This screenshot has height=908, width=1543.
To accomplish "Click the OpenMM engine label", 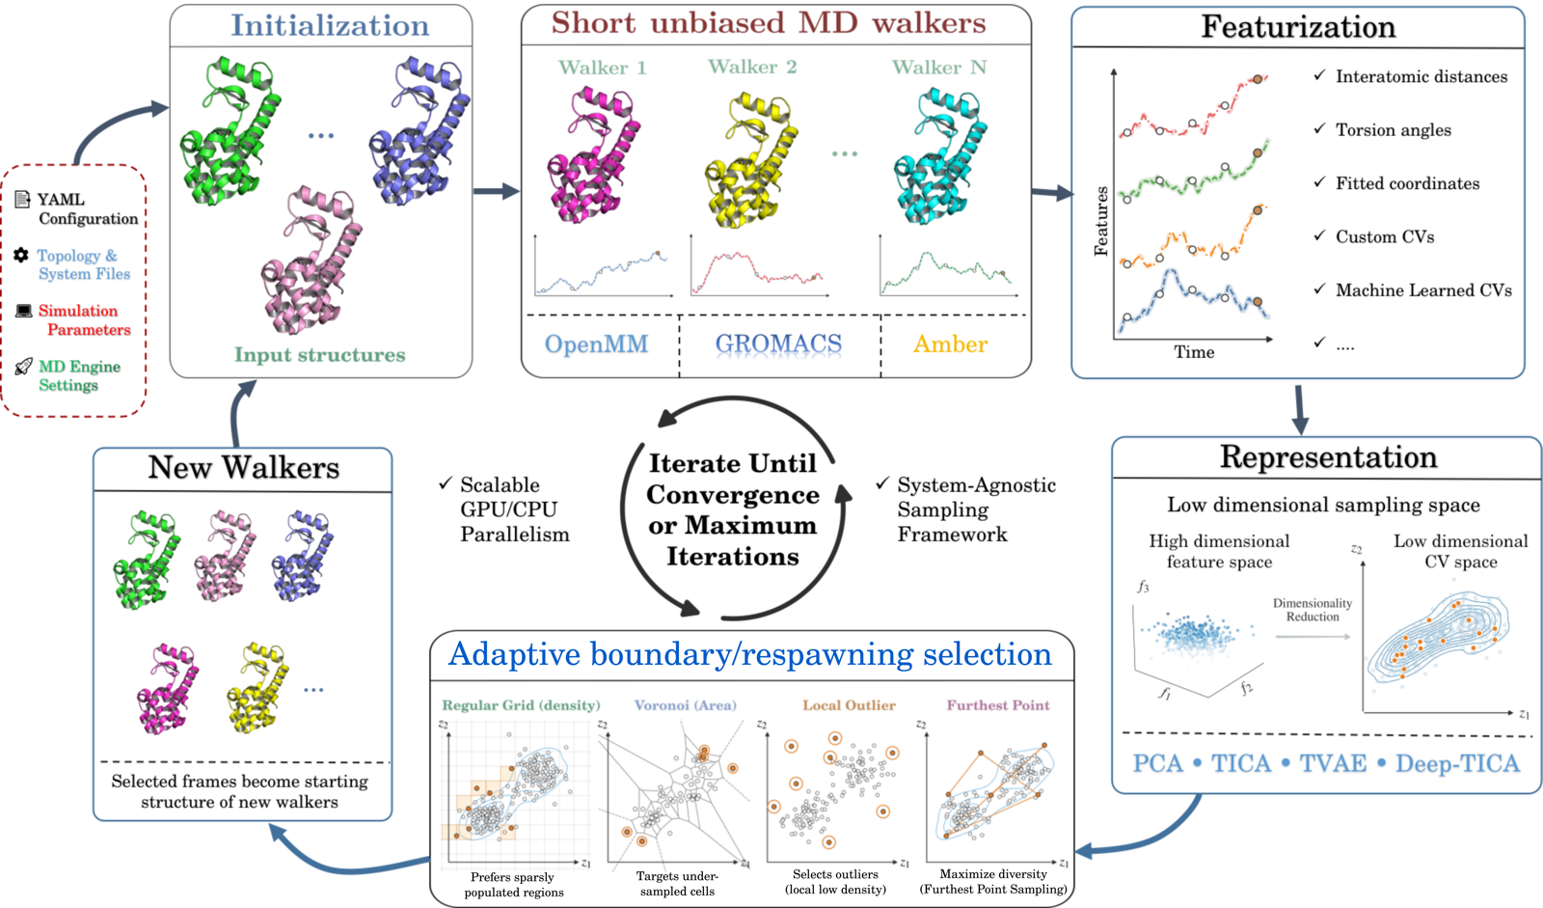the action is (x=597, y=344).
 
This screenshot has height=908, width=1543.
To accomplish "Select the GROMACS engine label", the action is (x=778, y=344).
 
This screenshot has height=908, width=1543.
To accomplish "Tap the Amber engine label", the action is (x=951, y=344).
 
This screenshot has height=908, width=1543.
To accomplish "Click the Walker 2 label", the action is (x=752, y=67).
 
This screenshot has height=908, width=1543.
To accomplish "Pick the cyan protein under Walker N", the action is (x=941, y=156).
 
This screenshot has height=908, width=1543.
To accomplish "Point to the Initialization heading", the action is (x=330, y=25).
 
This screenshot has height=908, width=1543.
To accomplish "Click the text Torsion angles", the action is (x=1394, y=129).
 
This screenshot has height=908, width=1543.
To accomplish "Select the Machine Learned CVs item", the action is (x=1423, y=290).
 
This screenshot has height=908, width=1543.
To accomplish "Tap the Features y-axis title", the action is (x=1101, y=221).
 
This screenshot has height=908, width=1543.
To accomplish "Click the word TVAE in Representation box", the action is (x=1333, y=763).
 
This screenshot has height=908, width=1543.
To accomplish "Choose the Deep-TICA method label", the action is (x=1457, y=763).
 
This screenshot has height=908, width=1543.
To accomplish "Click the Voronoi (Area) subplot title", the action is (x=686, y=705).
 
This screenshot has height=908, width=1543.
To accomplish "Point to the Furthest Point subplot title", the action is (x=998, y=705).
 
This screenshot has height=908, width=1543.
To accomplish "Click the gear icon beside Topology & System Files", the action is (x=21, y=255).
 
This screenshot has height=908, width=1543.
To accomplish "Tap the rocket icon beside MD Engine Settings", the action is (x=23, y=367).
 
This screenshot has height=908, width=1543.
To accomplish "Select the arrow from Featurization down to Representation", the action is (x=1300, y=410).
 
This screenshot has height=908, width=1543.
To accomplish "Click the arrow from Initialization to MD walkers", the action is (x=497, y=191).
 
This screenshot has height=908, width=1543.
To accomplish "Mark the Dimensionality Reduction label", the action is (x=1313, y=610).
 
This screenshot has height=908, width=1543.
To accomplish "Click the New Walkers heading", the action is (x=244, y=467).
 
